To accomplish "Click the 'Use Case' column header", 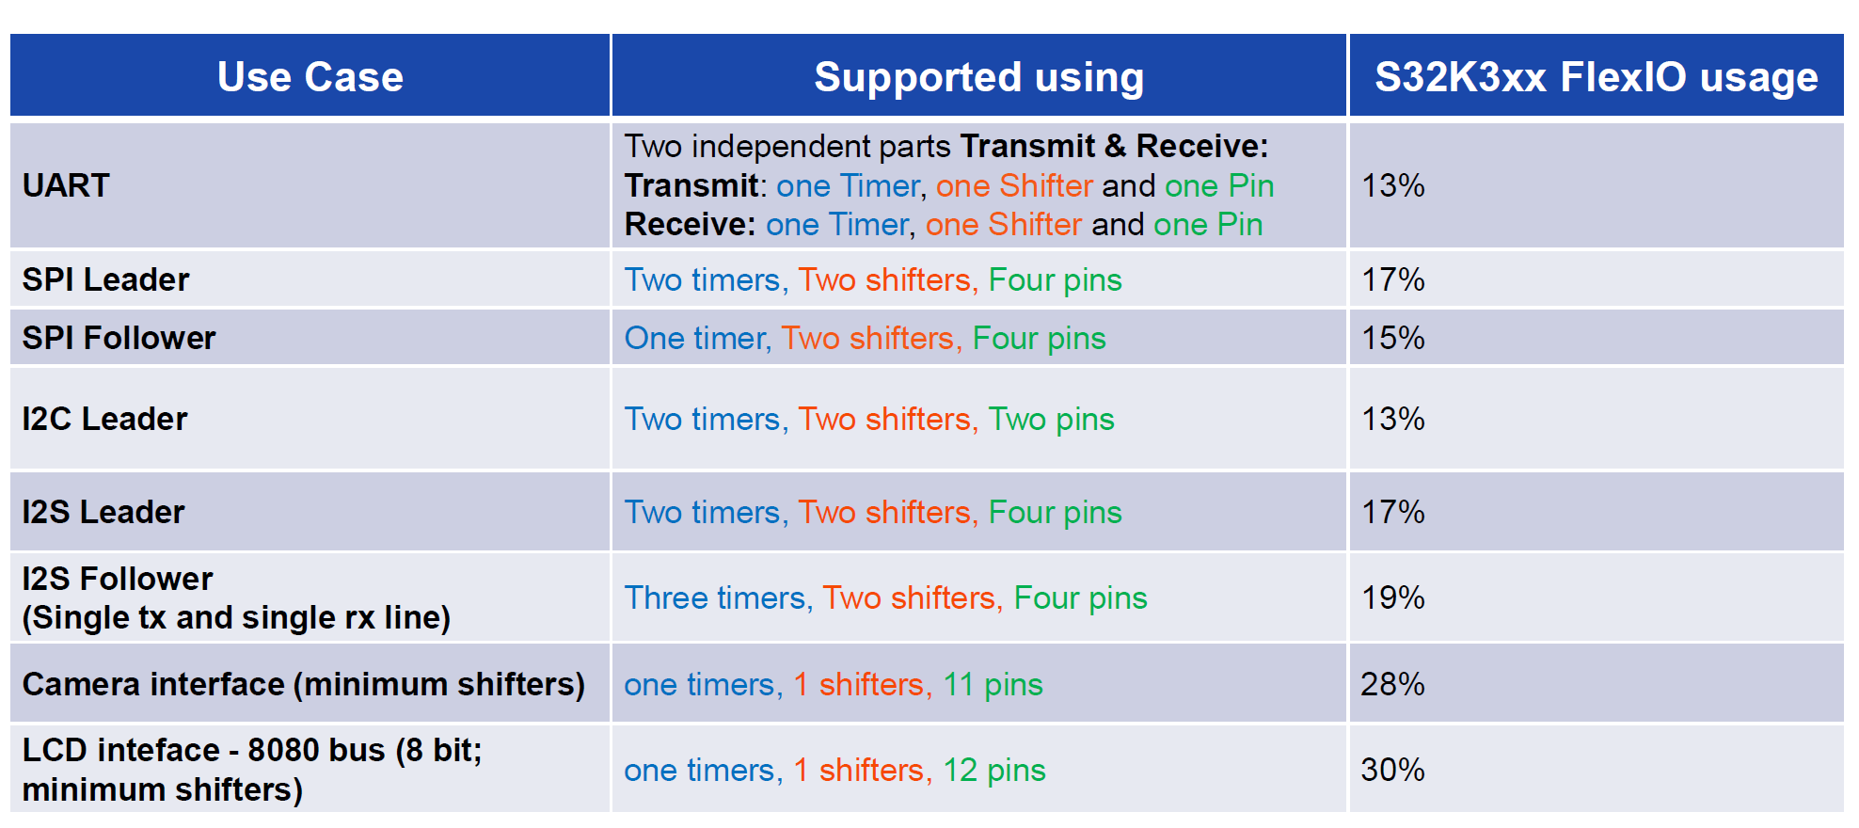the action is pos(310,77).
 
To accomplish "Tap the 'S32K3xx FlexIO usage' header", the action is pos(1597,77).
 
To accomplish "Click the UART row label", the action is pos(66,185).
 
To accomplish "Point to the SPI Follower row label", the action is pos(119,338).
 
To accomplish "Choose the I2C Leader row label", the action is pos(104,419).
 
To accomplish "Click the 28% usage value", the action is pos(1392,684).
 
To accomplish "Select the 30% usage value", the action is pos(1392,770).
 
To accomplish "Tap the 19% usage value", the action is pos(1392,597).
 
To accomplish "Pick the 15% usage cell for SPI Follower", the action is pos(1392,338).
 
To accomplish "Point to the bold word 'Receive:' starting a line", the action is pos(690,224).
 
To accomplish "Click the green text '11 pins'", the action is pos(993,685).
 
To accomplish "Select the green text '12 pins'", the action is pos(994,771).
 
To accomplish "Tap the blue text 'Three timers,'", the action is pos(719,598).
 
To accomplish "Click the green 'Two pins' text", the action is pos(1051,420).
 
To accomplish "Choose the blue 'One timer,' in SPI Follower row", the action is pos(698,339).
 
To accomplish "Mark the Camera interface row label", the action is pos(303,685).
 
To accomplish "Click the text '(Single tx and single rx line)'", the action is pos(236,618).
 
